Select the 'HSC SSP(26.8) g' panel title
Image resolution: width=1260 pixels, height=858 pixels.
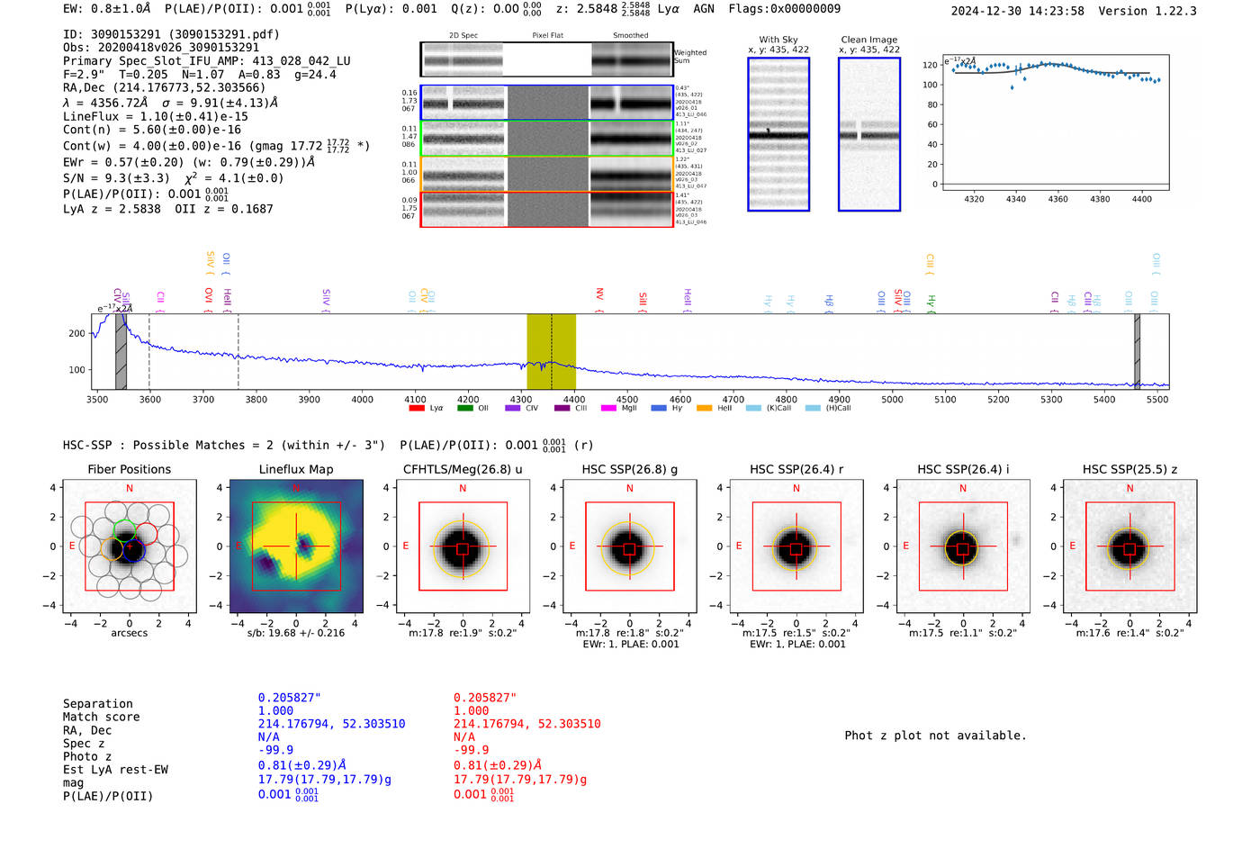pos(629,469)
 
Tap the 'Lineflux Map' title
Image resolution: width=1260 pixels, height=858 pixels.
pos(296,469)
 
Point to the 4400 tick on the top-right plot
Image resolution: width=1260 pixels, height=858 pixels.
pos(1141,199)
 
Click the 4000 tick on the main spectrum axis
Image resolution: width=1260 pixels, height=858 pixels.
pos(362,400)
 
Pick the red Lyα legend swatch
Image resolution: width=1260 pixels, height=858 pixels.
pos(416,409)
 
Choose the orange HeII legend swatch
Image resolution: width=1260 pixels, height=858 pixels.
pos(704,409)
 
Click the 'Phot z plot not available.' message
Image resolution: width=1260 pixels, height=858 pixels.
pos(935,736)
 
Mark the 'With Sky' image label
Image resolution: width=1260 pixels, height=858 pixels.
pos(778,40)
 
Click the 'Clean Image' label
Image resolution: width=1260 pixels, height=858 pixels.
pos(868,40)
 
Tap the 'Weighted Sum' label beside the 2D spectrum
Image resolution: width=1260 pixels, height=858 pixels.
pos(690,56)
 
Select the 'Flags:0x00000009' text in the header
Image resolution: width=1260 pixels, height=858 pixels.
pos(784,9)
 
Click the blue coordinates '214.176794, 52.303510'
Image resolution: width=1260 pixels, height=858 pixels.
pos(331,724)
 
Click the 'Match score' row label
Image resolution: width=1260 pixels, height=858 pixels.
pos(101,717)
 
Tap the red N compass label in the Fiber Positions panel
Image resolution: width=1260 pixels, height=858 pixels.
pos(130,488)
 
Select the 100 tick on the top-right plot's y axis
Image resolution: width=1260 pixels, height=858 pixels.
pos(930,85)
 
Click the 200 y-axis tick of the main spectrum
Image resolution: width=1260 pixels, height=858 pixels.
pos(76,333)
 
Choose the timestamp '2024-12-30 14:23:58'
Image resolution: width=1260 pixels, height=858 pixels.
pos(1017,11)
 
